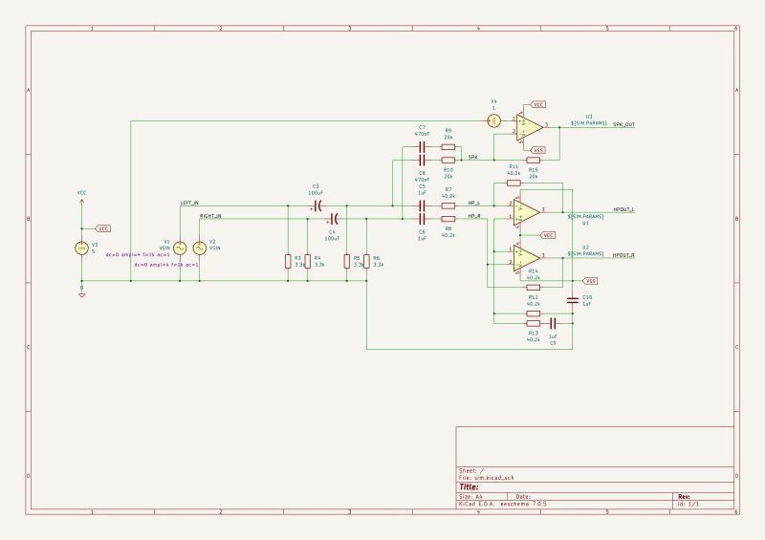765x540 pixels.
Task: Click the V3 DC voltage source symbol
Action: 81,248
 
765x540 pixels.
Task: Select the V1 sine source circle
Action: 178,248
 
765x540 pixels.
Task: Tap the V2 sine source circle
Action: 200,248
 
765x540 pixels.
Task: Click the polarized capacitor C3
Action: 316,205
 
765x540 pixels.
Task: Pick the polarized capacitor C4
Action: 332,219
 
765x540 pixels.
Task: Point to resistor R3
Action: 288,261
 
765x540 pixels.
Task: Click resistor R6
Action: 367,261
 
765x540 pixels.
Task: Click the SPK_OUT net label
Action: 623,125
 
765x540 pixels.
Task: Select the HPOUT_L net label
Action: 623,209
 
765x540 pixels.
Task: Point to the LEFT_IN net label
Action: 189,204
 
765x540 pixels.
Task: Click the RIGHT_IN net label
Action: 210,217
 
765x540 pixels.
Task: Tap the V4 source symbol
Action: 494,120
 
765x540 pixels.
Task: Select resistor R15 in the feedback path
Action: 533,160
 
